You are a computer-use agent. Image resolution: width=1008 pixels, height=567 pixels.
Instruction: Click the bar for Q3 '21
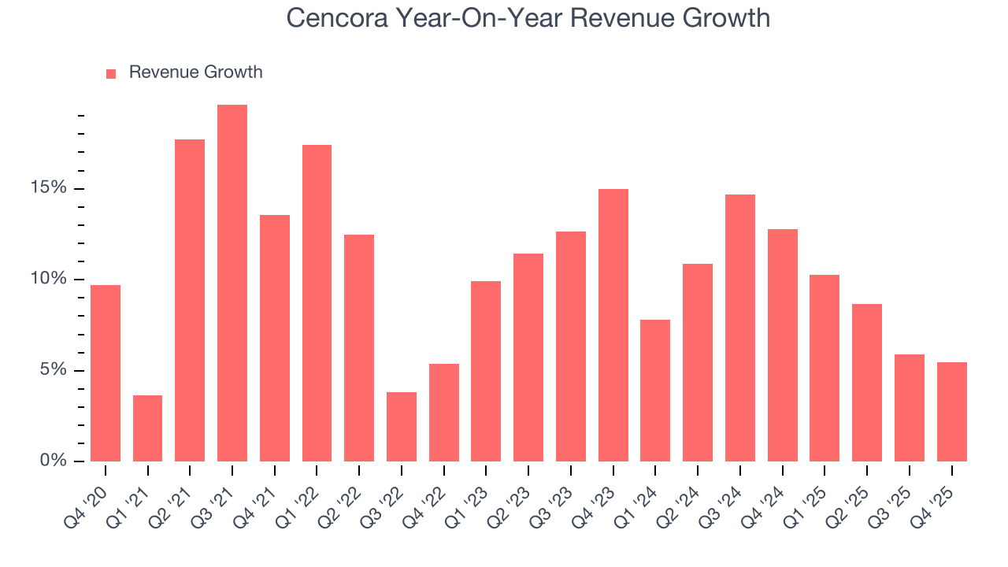pos(232,283)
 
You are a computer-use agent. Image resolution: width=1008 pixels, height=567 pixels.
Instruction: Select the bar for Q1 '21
pos(148,428)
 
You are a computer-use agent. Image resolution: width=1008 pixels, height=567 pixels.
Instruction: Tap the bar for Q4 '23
pos(613,325)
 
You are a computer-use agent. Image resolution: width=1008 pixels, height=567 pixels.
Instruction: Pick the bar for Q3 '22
pos(402,427)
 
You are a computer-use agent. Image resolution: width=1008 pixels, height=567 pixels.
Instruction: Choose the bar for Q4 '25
pos(951,412)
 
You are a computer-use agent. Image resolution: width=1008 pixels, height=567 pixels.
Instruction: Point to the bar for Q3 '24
pos(740,328)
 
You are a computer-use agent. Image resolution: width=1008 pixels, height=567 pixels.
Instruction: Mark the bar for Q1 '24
pos(655,391)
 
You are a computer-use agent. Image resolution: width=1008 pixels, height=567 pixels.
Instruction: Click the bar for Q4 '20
pos(106,373)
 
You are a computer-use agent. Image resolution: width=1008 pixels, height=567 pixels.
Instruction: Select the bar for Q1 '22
pos(317,303)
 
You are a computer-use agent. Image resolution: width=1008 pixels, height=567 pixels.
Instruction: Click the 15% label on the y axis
pos(49,188)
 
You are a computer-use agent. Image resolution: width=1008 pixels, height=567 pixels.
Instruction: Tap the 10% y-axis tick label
pos(49,280)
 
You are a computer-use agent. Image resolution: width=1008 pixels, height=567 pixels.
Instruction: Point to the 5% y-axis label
pos(54,370)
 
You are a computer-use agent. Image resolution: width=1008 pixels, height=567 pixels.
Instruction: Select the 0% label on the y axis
pos(54,461)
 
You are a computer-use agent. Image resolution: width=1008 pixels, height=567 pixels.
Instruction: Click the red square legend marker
pos(111,73)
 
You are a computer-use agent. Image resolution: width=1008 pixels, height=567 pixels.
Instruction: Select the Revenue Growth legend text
pos(195,72)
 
